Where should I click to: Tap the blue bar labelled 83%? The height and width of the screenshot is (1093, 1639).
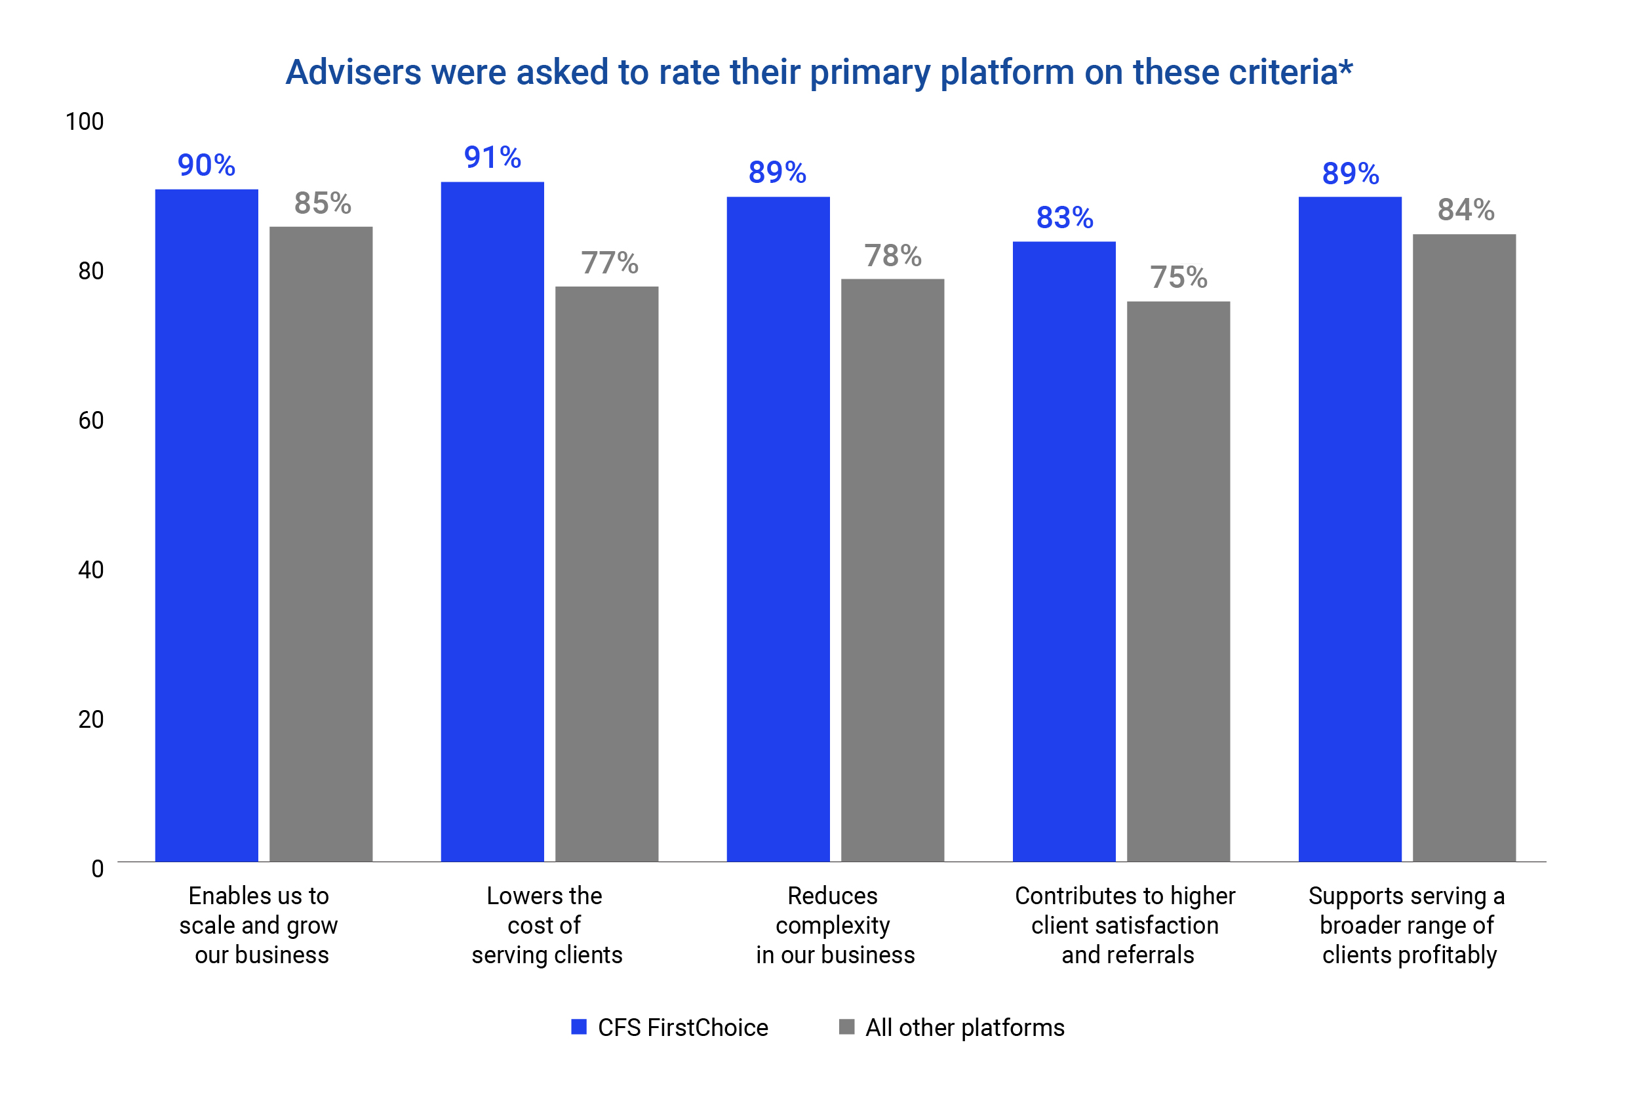1063,551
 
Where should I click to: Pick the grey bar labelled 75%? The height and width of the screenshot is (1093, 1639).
1177,582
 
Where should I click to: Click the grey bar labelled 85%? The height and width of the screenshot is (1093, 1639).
321,544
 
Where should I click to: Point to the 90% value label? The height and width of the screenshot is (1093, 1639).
207,165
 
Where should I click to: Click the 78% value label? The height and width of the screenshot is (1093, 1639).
893,256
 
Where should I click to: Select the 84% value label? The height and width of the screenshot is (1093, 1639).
1465,210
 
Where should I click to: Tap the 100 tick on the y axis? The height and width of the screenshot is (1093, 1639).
85,122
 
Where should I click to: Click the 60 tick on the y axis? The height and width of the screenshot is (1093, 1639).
90,420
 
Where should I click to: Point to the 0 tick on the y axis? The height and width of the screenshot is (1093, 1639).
98,869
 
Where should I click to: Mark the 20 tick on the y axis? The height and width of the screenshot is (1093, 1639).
90,719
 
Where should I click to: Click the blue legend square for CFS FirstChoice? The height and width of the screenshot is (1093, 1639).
578,1027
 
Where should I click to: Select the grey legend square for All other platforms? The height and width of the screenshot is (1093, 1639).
846,1027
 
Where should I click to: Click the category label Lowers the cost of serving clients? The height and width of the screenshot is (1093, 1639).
545,925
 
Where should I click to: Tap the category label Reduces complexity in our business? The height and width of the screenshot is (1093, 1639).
834,925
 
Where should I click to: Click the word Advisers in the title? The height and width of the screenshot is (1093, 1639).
353,73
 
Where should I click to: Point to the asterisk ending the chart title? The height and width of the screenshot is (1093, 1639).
1346,68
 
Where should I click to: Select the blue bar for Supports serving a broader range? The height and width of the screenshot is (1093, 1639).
1349,529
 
